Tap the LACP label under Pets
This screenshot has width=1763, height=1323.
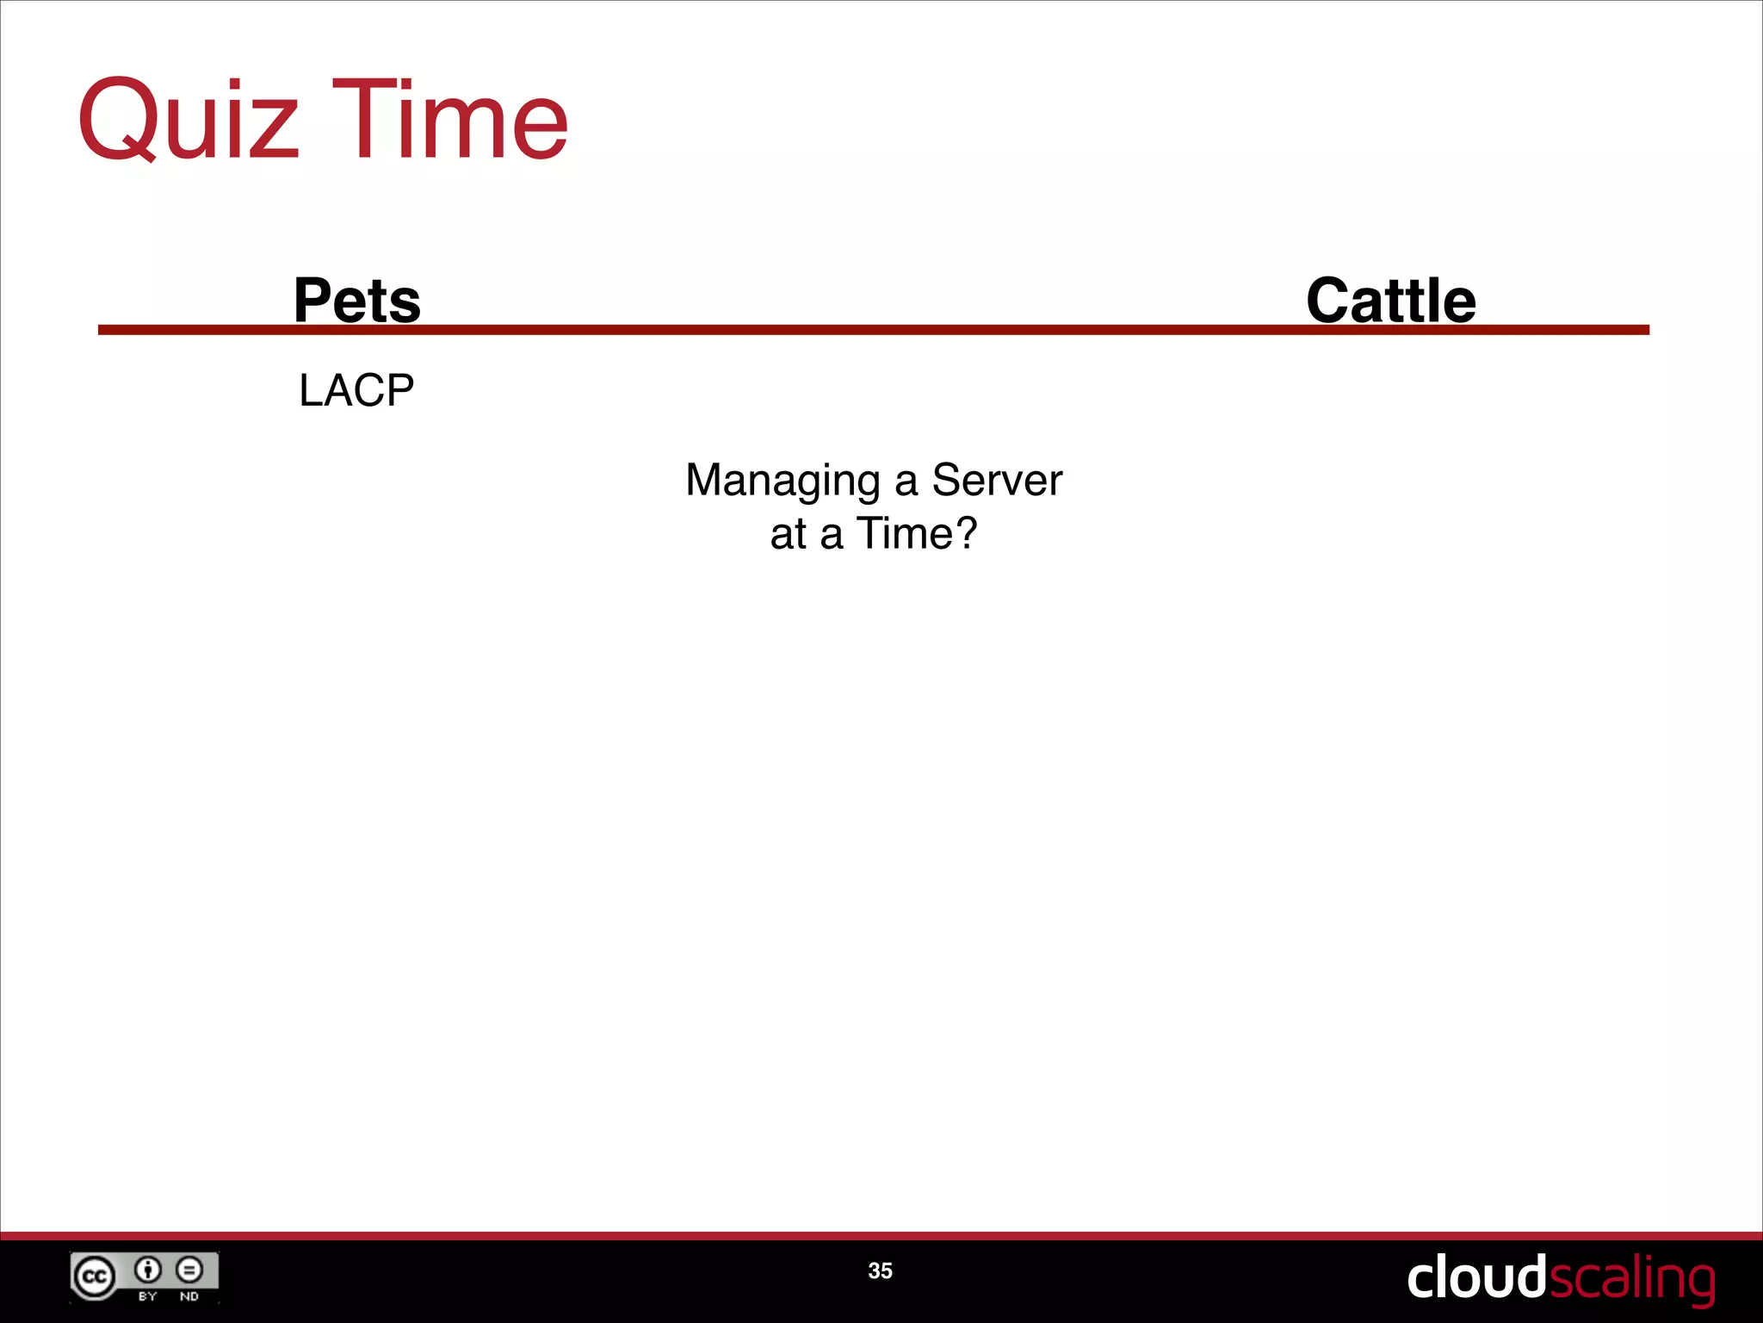pos(356,390)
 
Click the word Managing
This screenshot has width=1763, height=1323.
pos(783,481)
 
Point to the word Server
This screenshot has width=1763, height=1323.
pos(997,480)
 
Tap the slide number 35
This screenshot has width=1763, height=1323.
pos(880,1270)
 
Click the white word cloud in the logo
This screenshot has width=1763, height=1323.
pos(1476,1277)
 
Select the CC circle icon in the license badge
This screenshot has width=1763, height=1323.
pos(94,1276)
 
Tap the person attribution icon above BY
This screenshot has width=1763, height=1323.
pos(148,1269)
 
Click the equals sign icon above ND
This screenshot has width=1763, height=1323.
pos(189,1269)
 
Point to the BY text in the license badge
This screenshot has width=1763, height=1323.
pos(148,1296)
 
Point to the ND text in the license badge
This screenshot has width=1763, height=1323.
pos(189,1296)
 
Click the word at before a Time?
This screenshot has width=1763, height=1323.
pos(788,534)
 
